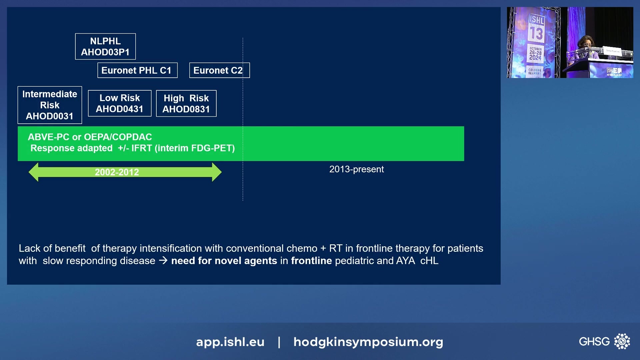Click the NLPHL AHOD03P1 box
(x=105, y=46)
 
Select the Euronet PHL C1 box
(x=137, y=70)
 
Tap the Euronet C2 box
(x=219, y=70)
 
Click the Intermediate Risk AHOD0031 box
(x=50, y=105)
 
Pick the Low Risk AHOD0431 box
(x=119, y=103)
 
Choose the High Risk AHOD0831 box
(x=186, y=103)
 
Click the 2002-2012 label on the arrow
(x=117, y=172)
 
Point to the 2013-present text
(x=356, y=169)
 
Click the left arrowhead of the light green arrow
(x=34, y=172)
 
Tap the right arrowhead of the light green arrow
(x=217, y=172)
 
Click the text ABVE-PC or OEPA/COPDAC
(x=90, y=137)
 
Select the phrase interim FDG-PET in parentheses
(x=195, y=148)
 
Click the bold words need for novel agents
(x=224, y=261)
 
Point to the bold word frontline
(x=311, y=261)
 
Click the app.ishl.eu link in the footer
(x=230, y=342)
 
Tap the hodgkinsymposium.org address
(x=368, y=342)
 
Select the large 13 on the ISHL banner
(x=536, y=33)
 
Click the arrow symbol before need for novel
(x=163, y=260)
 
